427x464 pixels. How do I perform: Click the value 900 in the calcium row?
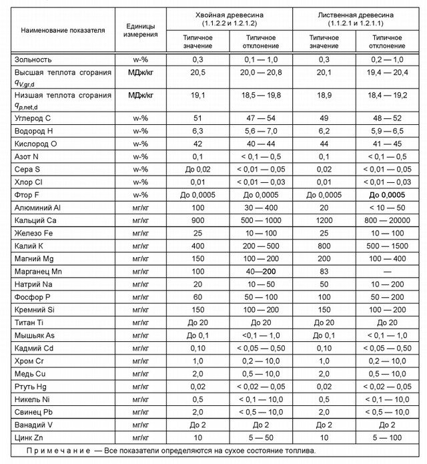click(x=198, y=220)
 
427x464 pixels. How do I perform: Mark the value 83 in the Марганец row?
click(x=324, y=272)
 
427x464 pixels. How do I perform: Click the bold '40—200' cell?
click(x=261, y=272)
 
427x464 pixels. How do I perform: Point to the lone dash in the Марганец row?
click(x=388, y=272)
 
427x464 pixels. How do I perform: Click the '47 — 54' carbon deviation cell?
click(x=261, y=118)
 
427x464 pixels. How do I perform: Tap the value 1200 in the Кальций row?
click(x=324, y=220)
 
